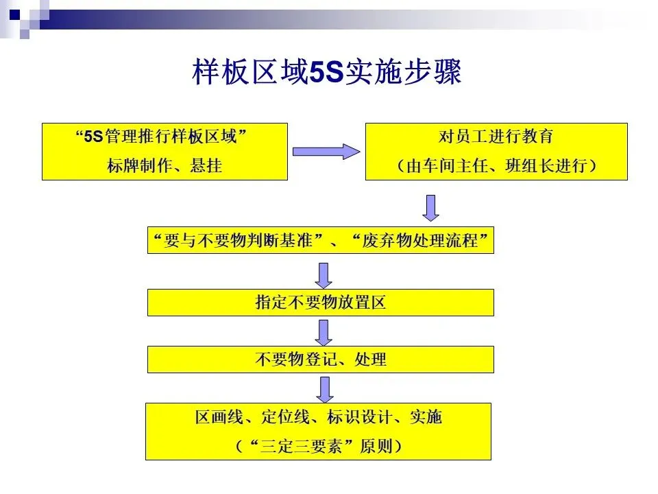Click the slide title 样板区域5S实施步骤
point(327,73)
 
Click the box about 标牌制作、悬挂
point(164,152)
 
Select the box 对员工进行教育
point(496,152)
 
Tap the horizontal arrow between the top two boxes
point(326,152)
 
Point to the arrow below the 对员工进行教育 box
point(430,207)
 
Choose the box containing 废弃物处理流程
point(320,240)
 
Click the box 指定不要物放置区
point(320,303)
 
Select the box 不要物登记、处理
point(320,359)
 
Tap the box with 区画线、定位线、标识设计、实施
point(318,431)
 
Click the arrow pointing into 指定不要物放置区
point(324,274)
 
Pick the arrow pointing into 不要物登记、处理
point(324,332)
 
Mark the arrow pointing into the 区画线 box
point(324,388)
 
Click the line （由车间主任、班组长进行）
point(496,166)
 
